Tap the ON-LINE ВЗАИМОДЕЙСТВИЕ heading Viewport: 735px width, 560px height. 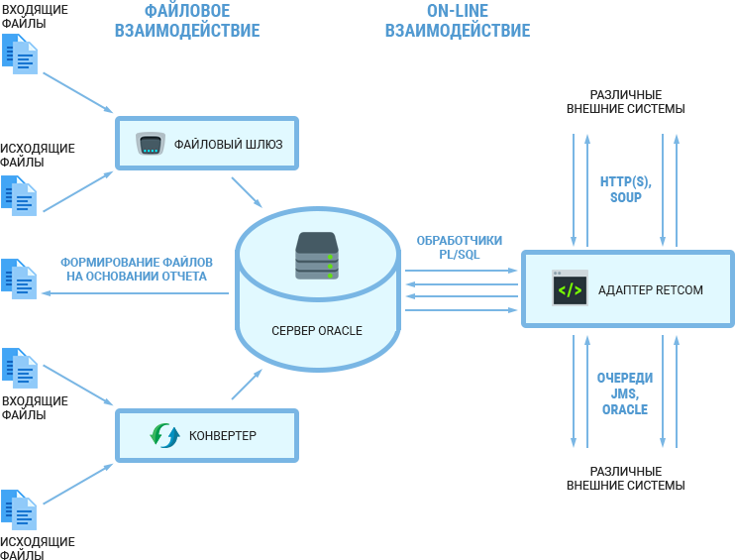457,21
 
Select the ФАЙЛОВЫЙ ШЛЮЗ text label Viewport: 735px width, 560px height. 228,145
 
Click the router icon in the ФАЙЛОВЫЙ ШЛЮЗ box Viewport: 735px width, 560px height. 151,145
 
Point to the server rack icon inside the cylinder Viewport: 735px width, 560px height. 317,258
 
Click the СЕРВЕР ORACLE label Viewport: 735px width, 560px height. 317,330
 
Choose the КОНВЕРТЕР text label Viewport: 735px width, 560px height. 223,435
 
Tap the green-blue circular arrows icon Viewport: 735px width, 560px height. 164,435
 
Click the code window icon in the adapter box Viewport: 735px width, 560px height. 570,289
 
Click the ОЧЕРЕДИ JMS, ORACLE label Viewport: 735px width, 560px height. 625,393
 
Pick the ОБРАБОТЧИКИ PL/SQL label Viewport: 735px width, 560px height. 459,247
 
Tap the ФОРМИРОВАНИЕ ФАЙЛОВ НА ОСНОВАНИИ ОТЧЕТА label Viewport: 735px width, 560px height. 137,269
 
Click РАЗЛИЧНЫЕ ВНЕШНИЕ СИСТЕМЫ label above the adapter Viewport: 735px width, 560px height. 625,101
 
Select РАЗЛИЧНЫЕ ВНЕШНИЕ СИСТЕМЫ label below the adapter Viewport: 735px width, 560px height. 625,478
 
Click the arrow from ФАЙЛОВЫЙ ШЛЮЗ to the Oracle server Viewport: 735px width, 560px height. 247,193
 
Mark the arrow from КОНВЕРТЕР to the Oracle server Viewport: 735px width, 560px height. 247,385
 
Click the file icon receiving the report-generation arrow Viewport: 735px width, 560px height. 19,279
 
